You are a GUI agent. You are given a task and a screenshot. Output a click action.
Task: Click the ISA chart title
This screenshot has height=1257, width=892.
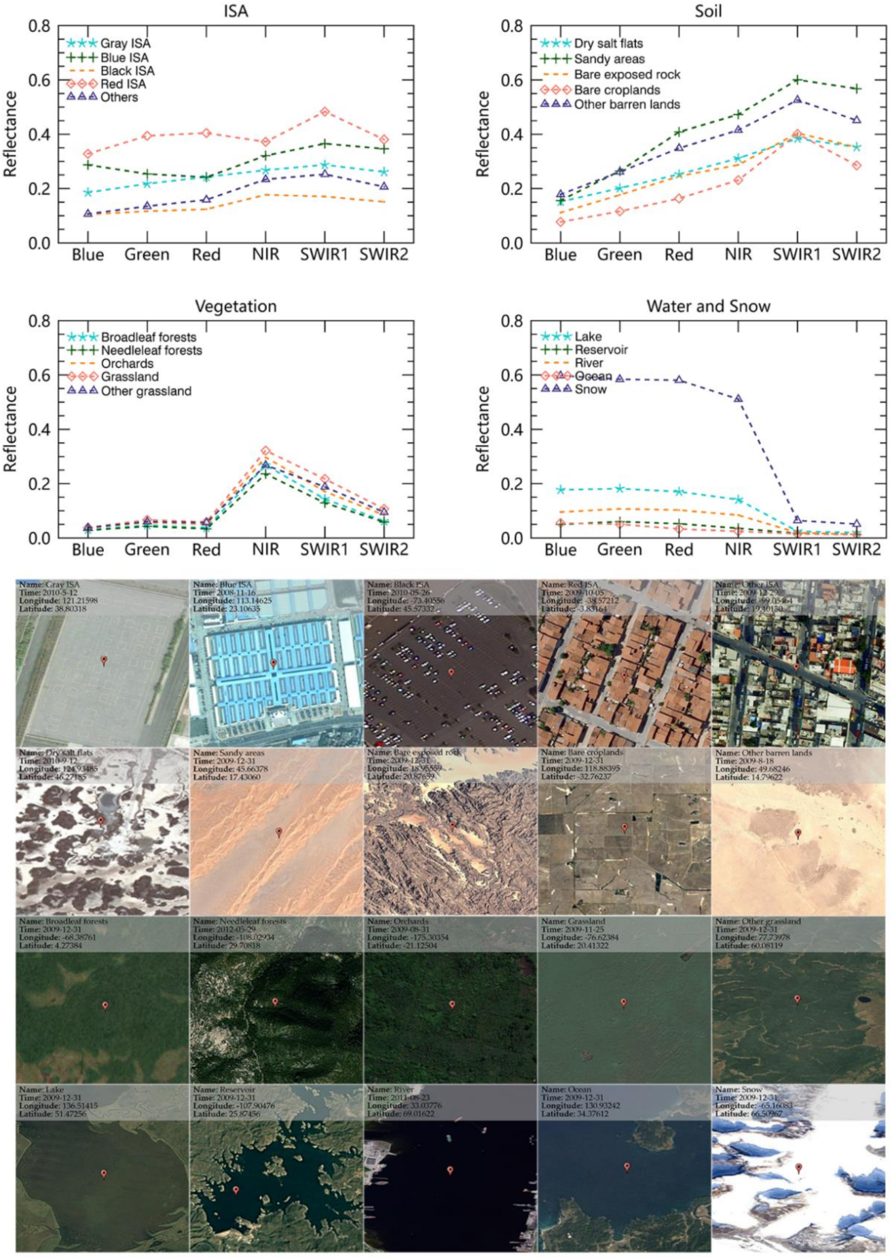[236, 11]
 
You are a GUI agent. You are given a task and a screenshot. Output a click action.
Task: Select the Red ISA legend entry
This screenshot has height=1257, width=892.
[123, 84]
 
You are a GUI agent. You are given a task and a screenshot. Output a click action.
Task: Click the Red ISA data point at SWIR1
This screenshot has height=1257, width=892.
[324, 111]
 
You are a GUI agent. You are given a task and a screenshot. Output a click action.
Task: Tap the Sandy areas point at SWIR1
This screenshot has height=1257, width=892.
[797, 80]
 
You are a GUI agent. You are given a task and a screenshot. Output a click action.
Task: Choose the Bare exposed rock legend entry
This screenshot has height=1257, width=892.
[626, 75]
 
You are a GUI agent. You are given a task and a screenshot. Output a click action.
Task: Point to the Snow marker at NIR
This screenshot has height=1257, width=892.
[738, 399]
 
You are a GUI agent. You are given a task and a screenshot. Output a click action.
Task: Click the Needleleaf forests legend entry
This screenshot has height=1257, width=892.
[151, 350]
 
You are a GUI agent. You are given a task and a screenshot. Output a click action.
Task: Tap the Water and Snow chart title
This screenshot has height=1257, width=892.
[708, 306]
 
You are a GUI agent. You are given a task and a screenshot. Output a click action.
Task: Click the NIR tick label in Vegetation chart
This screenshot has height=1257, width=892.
[265, 549]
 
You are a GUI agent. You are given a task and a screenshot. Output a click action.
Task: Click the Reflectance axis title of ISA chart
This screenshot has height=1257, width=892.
[10, 134]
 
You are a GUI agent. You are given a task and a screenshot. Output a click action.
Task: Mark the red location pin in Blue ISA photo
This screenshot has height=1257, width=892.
[273, 663]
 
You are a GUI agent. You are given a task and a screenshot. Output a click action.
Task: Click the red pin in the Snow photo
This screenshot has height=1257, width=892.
[798, 1168]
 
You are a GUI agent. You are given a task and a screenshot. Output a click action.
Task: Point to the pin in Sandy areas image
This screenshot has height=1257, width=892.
[279, 832]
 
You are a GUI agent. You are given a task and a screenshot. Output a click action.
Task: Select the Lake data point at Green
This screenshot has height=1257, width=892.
[620, 488]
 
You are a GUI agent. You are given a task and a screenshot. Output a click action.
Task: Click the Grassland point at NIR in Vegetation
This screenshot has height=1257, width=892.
[265, 451]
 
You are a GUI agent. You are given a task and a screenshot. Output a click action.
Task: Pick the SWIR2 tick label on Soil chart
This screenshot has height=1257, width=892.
[856, 255]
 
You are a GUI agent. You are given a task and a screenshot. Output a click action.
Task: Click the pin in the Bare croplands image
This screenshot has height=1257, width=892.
[625, 828]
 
